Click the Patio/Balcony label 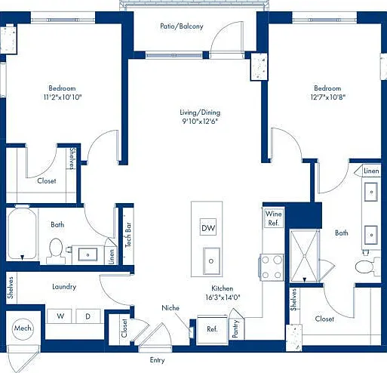(182, 26)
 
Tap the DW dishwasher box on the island (208, 227)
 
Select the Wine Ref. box (273, 218)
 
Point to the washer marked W (60, 316)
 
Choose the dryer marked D (88, 316)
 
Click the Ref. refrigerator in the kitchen (212, 329)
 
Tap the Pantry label (235, 328)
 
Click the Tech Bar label (128, 235)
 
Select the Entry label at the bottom (157, 360)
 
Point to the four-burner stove (272, 267)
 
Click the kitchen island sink (211, 261)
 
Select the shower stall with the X (304, 256)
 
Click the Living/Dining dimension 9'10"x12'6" (200, 122)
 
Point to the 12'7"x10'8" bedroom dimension (328, 97)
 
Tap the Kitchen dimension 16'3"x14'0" (223, 297)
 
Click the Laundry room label (64, 287)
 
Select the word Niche (170, 308)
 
